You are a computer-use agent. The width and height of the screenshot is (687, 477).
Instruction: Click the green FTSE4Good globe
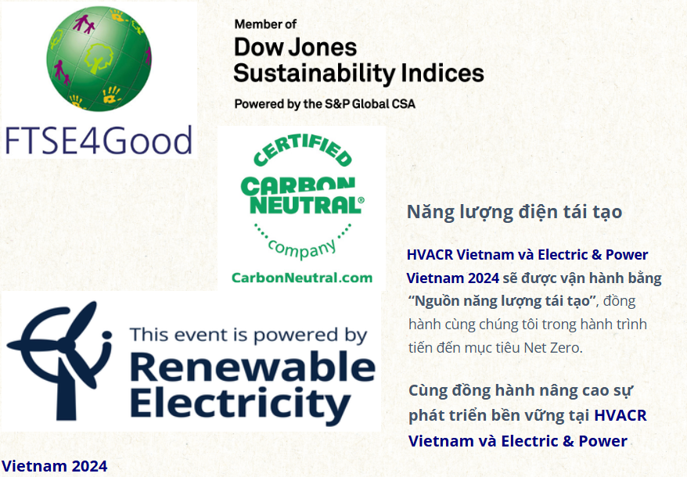(99, 58)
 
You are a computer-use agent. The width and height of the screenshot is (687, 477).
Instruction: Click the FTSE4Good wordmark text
(99, 141)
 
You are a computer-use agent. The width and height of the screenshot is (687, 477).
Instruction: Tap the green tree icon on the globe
(98, 58)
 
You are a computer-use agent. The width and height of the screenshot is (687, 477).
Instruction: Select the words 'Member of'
(265, 24)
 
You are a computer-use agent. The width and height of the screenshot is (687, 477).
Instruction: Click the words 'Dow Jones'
(295, 47)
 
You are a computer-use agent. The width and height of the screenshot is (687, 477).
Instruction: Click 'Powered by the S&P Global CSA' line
(325, 104)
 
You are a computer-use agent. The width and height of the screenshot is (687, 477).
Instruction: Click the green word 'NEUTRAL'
(306, 205)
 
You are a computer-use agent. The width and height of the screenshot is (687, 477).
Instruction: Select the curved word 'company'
(302, 249)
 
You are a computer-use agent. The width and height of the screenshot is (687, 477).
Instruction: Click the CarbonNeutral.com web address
(302, 278)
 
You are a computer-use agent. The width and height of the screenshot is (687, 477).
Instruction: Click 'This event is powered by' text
(248, 335)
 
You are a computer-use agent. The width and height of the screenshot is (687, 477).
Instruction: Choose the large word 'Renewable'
(253, 367)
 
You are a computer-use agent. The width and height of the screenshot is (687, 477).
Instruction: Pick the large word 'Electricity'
(240, 403)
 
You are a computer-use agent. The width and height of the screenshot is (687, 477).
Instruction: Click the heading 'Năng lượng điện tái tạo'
(514, 213)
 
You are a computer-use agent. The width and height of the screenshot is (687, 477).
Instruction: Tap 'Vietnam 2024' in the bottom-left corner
(54, 466)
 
